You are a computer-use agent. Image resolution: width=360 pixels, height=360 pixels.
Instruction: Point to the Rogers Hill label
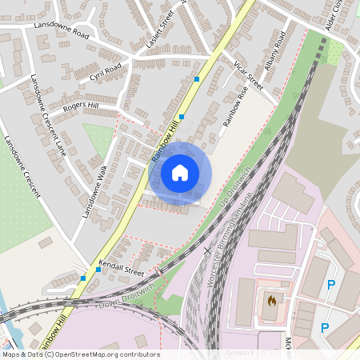click(81, 106)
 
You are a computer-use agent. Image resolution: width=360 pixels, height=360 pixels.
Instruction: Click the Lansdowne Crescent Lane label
click(47, 115)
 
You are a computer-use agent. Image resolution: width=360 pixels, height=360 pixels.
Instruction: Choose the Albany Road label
click(274, 50)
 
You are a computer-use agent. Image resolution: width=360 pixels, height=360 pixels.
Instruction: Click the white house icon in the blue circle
click(180, 172)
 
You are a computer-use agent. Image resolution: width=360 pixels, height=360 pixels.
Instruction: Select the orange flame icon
click(271, 302)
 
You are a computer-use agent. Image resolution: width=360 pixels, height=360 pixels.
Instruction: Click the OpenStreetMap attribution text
click(80, 354)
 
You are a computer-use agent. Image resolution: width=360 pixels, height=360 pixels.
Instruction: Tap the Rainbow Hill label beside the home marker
click(166, 139)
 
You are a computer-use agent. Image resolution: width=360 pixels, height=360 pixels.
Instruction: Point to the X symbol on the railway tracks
click(208, 250)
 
